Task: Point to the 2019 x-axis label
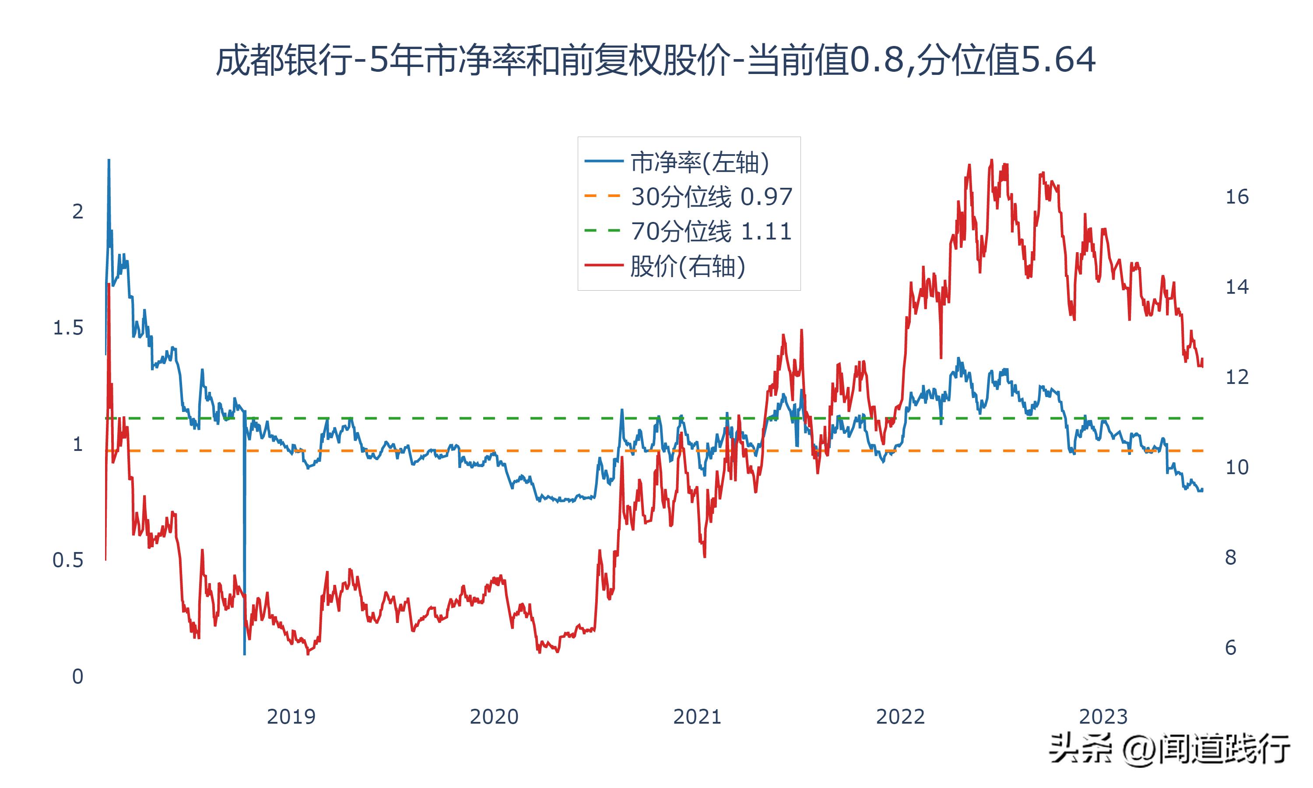tap(291, 717)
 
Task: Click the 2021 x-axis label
tap(697, 717)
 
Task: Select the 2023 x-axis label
tap(1103, 717)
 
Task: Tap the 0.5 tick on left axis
tap(68, 560)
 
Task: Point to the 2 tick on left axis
tap(77, 212)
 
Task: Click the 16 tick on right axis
tap(1236, 197)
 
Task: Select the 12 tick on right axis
tap(1236, 377)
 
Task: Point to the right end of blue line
tap(1202, 489)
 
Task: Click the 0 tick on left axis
tap(77, 676)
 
